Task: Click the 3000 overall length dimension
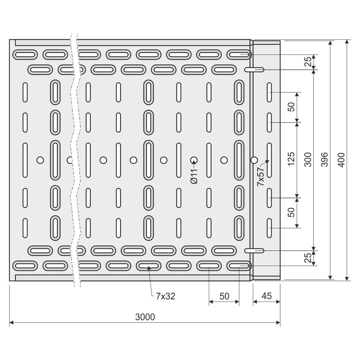pyautogui.click(x=145, y=317)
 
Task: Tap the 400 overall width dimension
pyautogui.click(x=342, y=160)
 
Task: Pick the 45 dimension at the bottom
pyautogui.click(x=266, y=296)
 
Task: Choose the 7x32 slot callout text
pyautogui.click(x=165, y=296)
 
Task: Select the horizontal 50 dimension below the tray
pyautogui.click(x=224, y=296)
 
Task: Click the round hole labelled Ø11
pyautogui.click(x=194, y=160)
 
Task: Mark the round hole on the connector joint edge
pyautogui.click(x=254, y=160)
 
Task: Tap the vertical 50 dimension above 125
pyautogui.click(x=291, y=107)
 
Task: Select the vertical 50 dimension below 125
pyautogui.click(x=291, y=213)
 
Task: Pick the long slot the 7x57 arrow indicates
pyautogui.click(x=269, y=160)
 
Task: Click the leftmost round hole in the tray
pyautogui.click(x=40, y=160)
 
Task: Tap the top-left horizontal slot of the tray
pyautogui.click(x=25, y=55)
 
